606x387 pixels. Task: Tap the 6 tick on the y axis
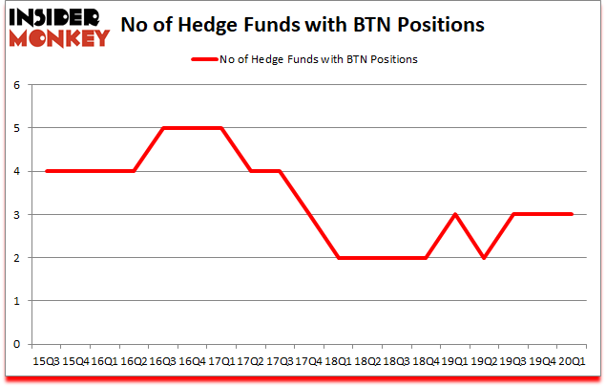[16, 85]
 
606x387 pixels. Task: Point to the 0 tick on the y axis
[16, 344]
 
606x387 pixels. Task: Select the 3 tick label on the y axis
[16, 215]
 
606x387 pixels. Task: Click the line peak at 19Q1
[455, 215]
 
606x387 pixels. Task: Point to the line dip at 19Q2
[484, 258]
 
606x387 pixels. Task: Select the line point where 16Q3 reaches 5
[163, 128]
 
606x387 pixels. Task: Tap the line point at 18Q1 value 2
[339, 258]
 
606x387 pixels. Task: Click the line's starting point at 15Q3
[47, 171]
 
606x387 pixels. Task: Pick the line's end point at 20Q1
[572, 215]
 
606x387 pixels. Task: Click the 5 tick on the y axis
[16, 128]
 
